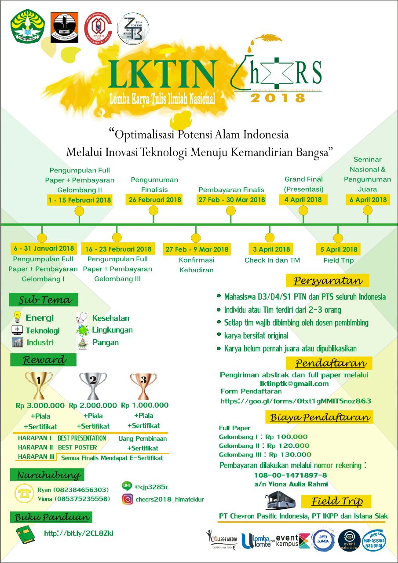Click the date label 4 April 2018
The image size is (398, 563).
[303, 200]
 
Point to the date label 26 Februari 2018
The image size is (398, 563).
[154, 200]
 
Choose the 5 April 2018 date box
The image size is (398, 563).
[338, 249]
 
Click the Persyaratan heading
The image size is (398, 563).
[328, 281]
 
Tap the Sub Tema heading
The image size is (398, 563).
[44, 300]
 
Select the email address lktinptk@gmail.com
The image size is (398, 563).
[294, 384]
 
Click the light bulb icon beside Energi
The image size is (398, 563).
[17, 317]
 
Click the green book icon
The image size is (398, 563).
[26, 533]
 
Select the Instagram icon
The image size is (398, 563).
[128, 499]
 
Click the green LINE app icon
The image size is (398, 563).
[127, 486]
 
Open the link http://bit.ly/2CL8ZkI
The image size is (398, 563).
[79, 533]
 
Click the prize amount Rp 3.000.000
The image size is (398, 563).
[40, 405]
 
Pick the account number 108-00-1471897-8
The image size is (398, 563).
[290, 475]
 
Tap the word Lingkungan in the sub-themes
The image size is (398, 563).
[112, 330]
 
